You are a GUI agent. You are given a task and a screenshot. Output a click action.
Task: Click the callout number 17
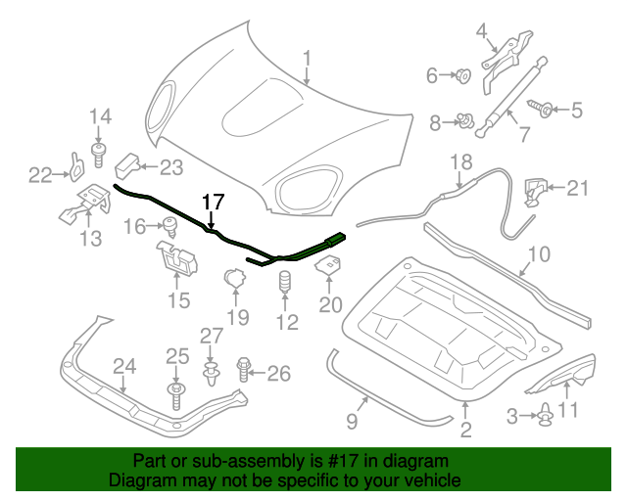tap(214, 202)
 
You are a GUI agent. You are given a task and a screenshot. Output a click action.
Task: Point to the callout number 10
tap(540, 257)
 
